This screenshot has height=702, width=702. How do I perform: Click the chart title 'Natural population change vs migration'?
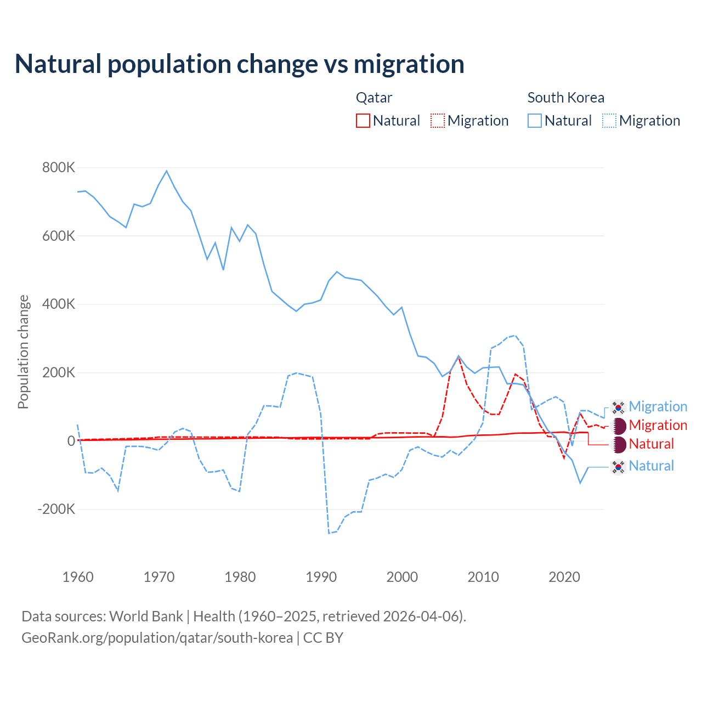[240, 64]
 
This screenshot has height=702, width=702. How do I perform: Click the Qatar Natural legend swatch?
[363, 121]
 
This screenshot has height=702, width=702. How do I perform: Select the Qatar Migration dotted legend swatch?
[438, 121]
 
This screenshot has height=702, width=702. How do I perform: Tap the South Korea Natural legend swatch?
[535, 121]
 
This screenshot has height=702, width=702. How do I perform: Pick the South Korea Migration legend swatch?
[609, 121]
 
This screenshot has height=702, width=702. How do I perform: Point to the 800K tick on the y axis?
[59, 167]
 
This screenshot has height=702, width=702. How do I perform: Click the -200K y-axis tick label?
[56, 509]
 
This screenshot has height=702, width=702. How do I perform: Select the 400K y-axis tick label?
[59, 304]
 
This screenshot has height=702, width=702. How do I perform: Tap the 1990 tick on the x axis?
[321, 577]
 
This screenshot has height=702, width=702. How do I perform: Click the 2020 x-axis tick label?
[564, 577]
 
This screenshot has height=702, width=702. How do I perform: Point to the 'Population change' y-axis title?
[23, 352]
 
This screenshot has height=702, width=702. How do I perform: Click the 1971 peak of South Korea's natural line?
[167, 171]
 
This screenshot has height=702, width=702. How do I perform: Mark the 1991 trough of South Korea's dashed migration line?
[329, 533]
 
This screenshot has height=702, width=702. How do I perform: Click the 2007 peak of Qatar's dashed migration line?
[458, 358]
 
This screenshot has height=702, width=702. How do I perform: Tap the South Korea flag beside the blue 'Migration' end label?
[619, 407]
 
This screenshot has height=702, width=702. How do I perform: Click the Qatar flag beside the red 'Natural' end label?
[619, 444]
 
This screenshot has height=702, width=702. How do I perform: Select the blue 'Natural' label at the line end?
[651, 466]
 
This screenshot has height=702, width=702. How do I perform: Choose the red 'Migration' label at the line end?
[658, 426]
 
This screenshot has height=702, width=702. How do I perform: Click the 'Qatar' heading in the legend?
[374, 98]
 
